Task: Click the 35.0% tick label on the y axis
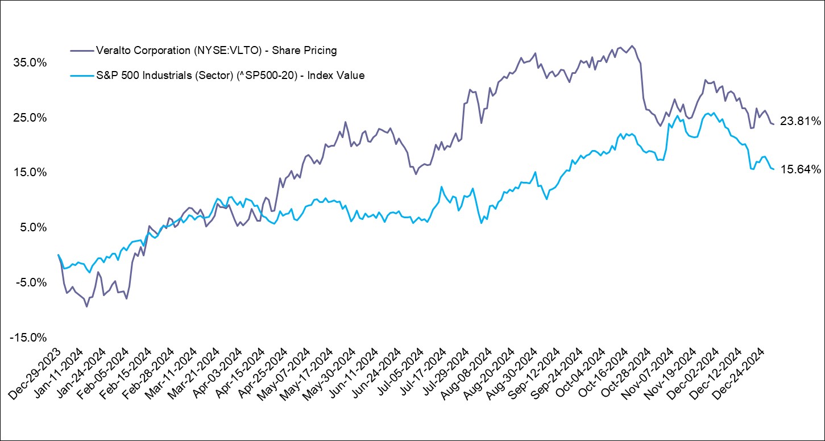[30, 63]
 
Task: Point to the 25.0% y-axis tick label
[30, 118]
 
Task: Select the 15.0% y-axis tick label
[30, 173]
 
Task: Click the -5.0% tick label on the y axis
[31, 283]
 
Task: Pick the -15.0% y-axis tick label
[28, 338]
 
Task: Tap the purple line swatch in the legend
[81, 51]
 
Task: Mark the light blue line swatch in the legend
[81, 75]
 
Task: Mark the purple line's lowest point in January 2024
[86, 306]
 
